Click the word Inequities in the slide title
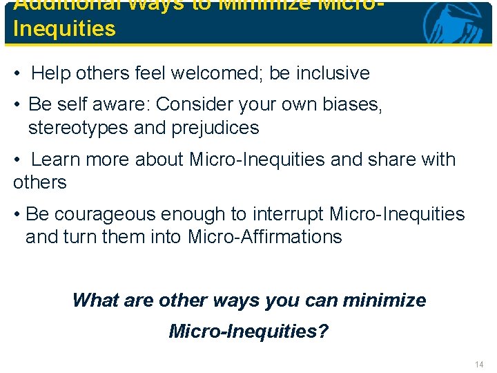(64, 29)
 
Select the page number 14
(479, 364)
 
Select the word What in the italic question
(94, 300)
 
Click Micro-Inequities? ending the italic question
(248, 332)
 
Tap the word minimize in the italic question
(384, 300)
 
